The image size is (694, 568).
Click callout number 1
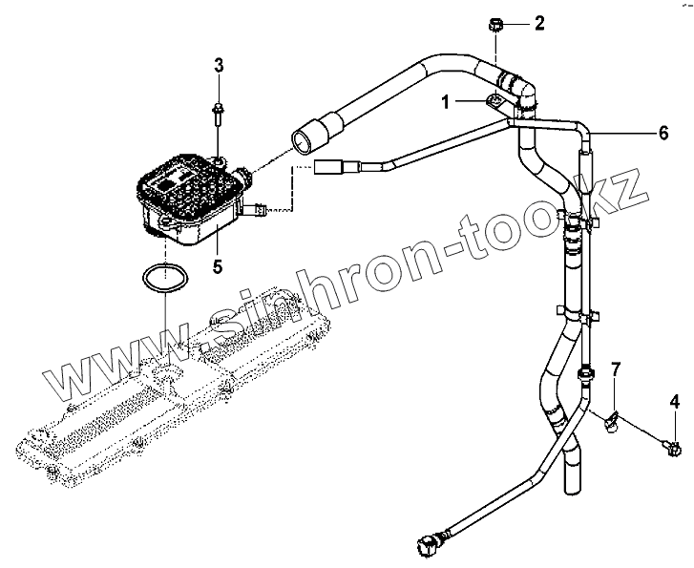[445, 98]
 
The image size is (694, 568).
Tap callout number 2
[538, 23]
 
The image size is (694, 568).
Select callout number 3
[219, 65]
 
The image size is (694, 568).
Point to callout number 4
[675, 401]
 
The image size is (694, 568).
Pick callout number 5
[218, 265]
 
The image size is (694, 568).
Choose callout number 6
[662, 134]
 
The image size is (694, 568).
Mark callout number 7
[616, 368]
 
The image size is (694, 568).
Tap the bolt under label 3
[219, 115]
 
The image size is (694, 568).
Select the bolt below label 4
[674, 444]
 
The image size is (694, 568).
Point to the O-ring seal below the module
[162, 281]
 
